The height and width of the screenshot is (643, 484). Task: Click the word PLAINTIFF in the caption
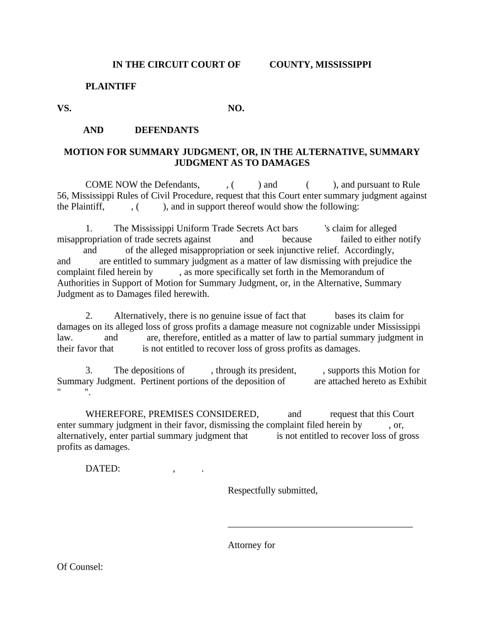click(x=111, y=86)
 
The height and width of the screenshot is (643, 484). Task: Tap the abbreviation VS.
click(x=64, y=108)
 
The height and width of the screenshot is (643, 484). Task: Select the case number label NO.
click(x=236, y=108)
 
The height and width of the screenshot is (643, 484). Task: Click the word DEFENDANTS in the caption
click(x=167, y=130)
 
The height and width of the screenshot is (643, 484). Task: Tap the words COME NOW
click(x=111, y=185)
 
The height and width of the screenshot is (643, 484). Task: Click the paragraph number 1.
click(x=89, y=229)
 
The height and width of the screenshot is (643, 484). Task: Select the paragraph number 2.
click(x=89, y=316)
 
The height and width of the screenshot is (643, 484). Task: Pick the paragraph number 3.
click(x=89, y=370)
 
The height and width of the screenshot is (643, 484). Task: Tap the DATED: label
click(x=102, y=468)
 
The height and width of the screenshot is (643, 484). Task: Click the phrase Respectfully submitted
click(x=272, y=490)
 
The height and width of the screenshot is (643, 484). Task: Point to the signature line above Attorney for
click(x=320, y=527)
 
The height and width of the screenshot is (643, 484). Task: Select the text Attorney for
click(x=251, y=545)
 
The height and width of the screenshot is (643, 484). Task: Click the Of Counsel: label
click(x=80, y=567)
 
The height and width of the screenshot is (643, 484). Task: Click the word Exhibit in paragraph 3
click(x=411, y=381)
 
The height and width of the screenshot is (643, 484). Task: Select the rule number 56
click(x=62, y=195)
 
